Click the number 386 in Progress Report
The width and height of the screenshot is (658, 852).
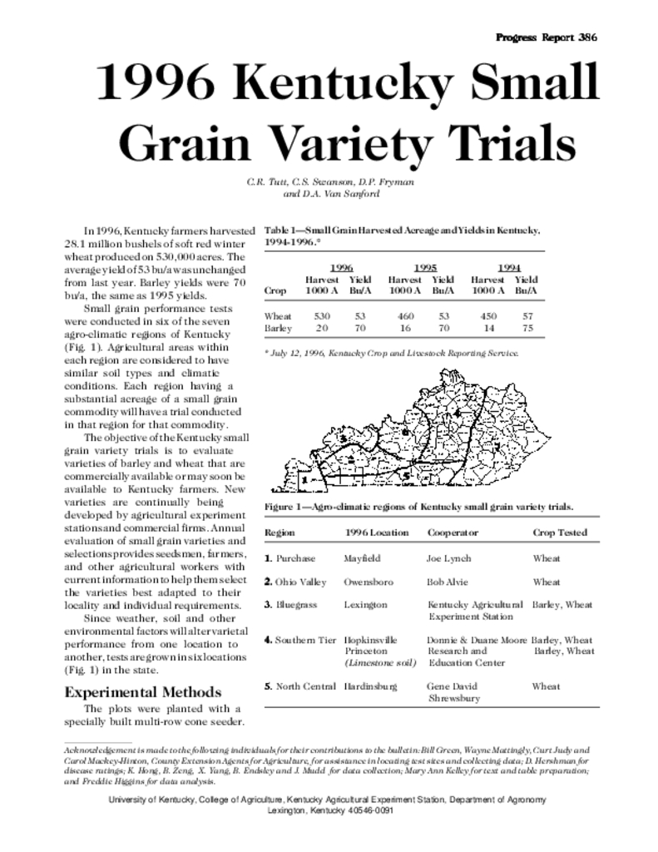coord(585,37)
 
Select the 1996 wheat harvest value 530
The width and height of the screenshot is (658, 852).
coord(321,316)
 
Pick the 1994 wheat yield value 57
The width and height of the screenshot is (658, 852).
coord(526,316)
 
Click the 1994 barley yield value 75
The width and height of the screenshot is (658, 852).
coord(526,329)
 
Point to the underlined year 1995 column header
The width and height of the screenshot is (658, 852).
coord(424,267)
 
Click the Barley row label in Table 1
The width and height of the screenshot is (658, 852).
coord(278,329)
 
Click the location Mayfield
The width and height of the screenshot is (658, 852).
coord(362,559)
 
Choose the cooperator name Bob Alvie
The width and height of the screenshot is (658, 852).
coord(448,582)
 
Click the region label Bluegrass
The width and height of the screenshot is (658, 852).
coord(296,604)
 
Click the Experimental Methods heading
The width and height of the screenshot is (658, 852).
coord(142,692)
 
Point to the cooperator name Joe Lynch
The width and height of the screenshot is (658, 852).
coord(448,559)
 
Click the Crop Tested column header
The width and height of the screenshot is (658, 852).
coord(560,532)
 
